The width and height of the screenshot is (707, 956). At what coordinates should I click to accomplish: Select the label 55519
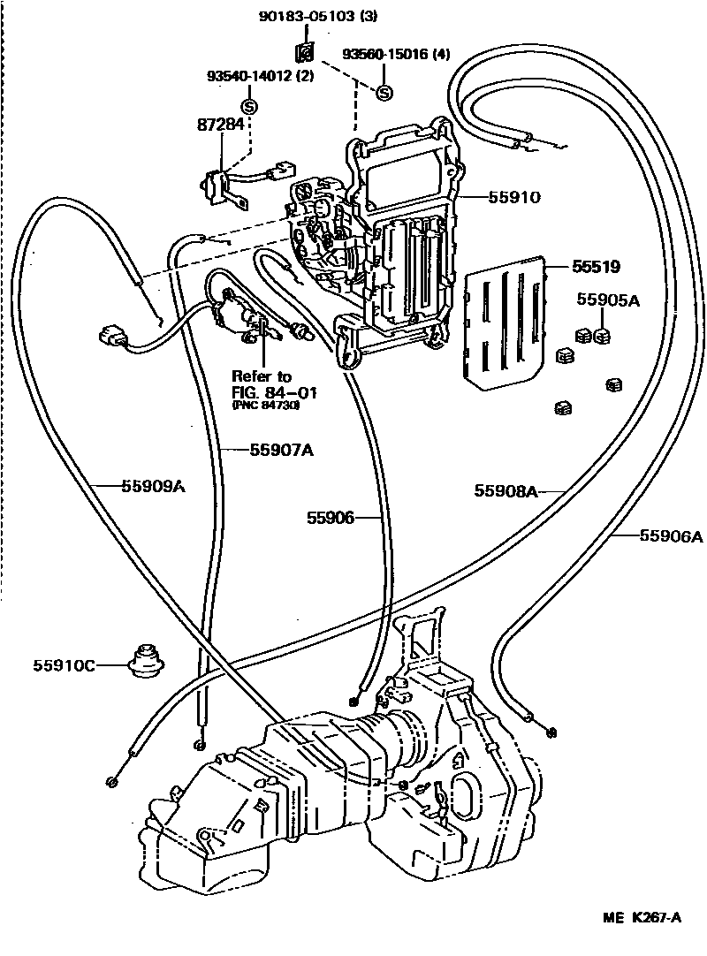[596, 264]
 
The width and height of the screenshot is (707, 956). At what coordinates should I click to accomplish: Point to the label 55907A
[282, 450]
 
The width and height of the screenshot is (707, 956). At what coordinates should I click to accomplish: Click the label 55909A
[153, 484]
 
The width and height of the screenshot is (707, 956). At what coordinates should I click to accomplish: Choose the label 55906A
[671, 535]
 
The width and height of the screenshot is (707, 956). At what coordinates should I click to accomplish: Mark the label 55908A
[506, 490]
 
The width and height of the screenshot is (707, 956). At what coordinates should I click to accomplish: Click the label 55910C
[65, 664]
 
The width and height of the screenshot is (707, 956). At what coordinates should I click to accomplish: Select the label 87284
[219, 125]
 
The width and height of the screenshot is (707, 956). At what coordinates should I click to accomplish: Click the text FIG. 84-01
[275, 391]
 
